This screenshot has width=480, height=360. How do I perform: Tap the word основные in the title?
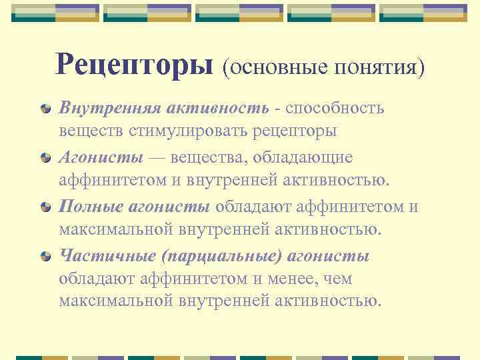click(273, 67)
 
